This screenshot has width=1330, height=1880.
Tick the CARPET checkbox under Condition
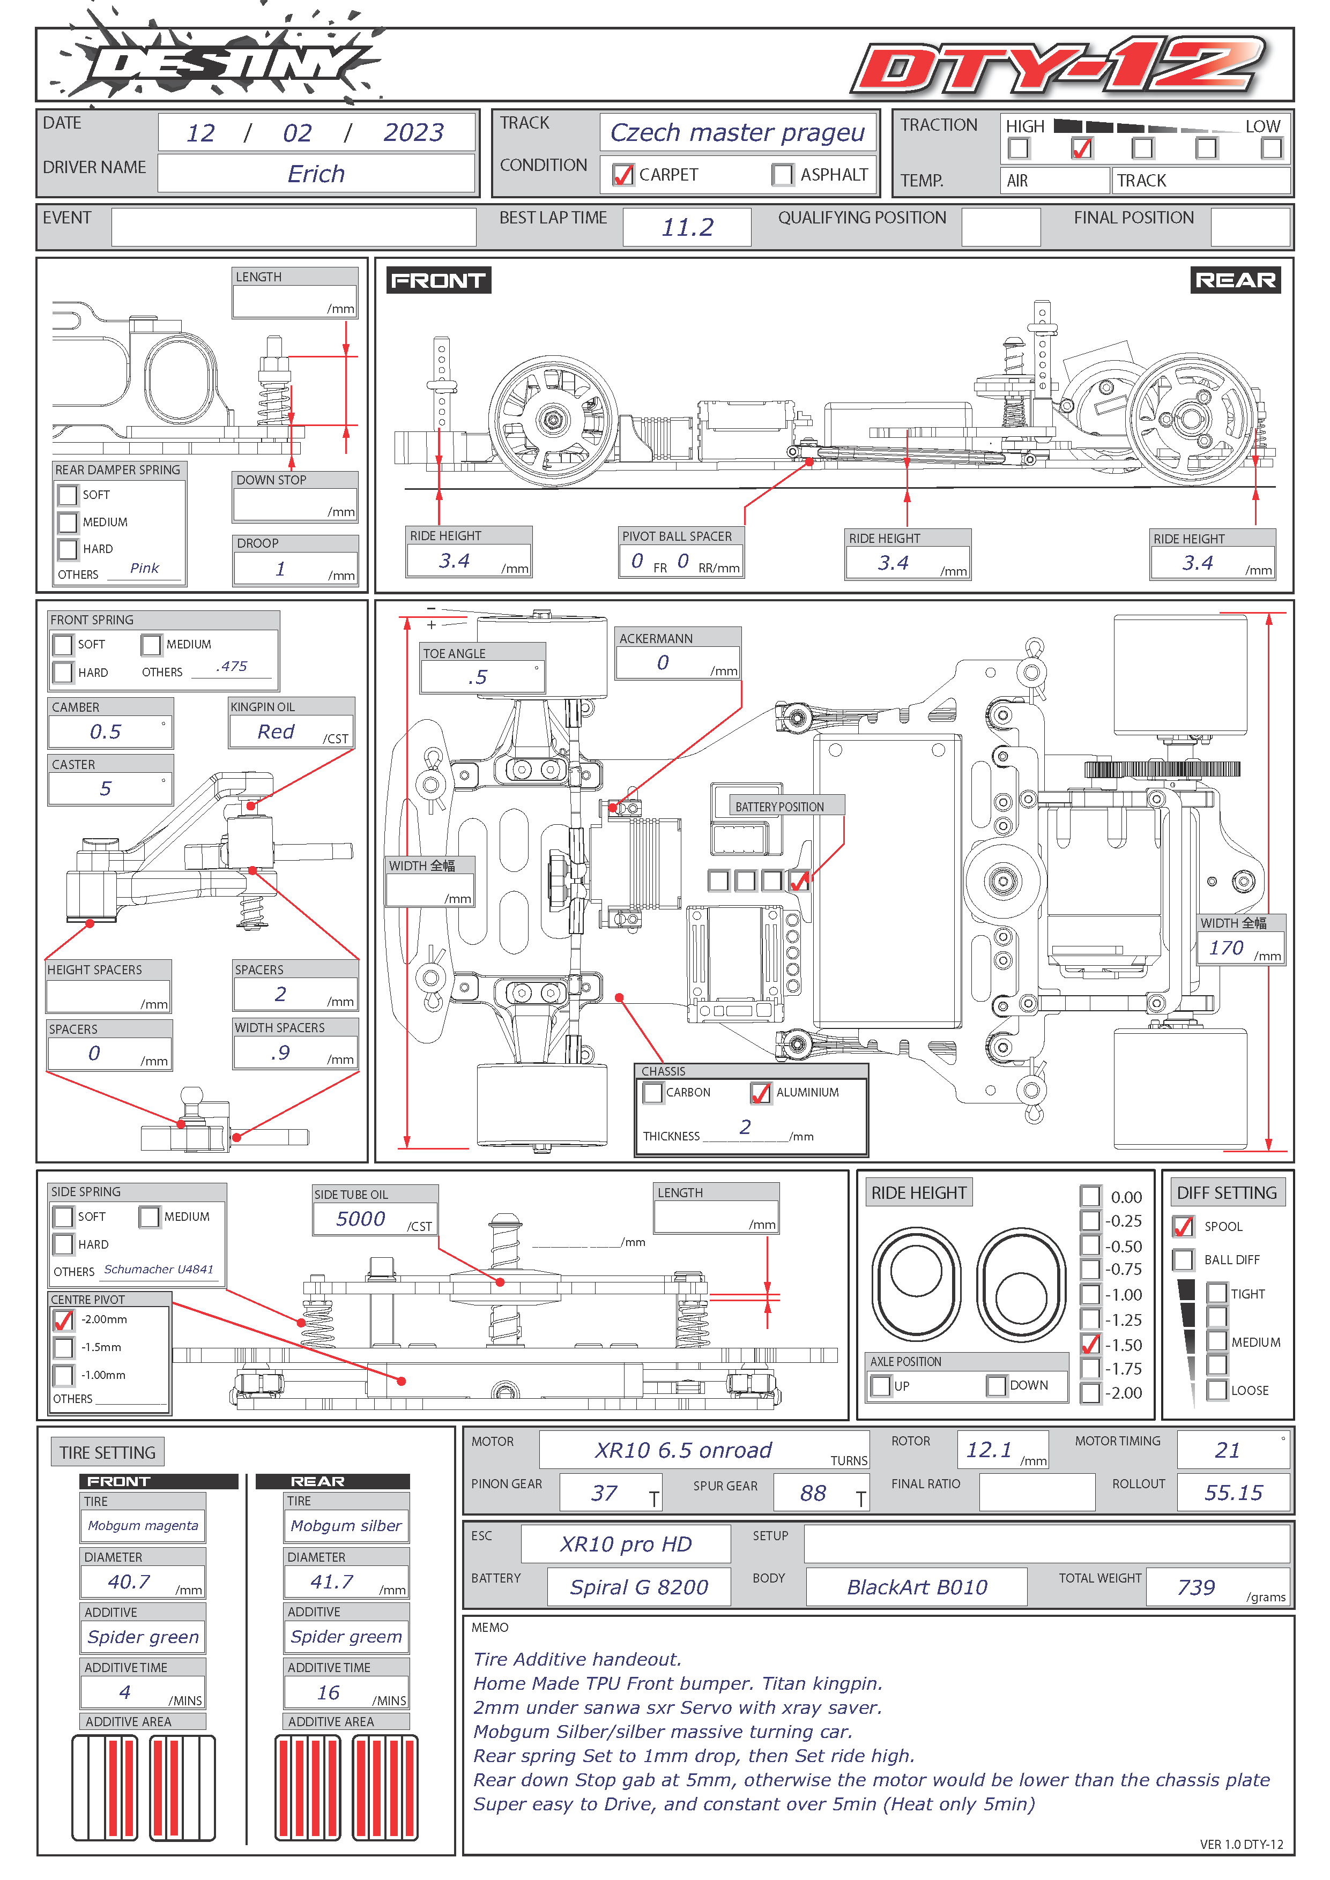[623, 174]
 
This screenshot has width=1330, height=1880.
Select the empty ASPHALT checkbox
[782, 174]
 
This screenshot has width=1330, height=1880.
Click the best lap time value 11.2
[687, 227]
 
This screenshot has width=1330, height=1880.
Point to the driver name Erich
[316, 174]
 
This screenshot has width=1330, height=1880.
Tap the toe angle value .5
[478, 677]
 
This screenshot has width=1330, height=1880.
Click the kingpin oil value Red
[276, 731]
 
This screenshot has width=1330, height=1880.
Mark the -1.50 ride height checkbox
[1090, 1345]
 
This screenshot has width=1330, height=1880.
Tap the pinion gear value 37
[604, 1493]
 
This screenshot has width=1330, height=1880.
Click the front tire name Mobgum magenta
[143, 1525]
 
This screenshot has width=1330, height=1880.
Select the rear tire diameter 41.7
[332, 1581]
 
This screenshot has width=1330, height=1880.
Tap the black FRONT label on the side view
[438, 281]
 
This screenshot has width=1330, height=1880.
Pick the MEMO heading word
[490, 1627]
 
